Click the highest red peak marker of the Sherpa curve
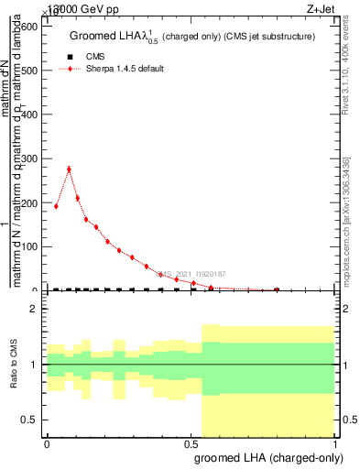click(69, 169)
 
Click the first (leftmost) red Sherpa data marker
click(56, 206)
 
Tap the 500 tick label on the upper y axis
click(29, 71)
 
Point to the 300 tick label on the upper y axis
click(29, 158)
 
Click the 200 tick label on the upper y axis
click(29, 202)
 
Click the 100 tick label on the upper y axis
click(29, 246)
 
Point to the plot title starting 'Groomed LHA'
click(192, 38)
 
